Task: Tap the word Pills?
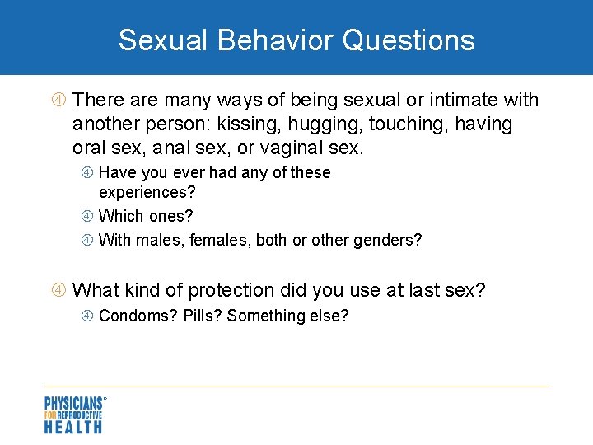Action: (x=203, y=316)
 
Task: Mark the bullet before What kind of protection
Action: (x=59, y=290)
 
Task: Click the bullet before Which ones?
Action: (x=88, y=216)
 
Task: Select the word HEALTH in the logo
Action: (x=73, y=426)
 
